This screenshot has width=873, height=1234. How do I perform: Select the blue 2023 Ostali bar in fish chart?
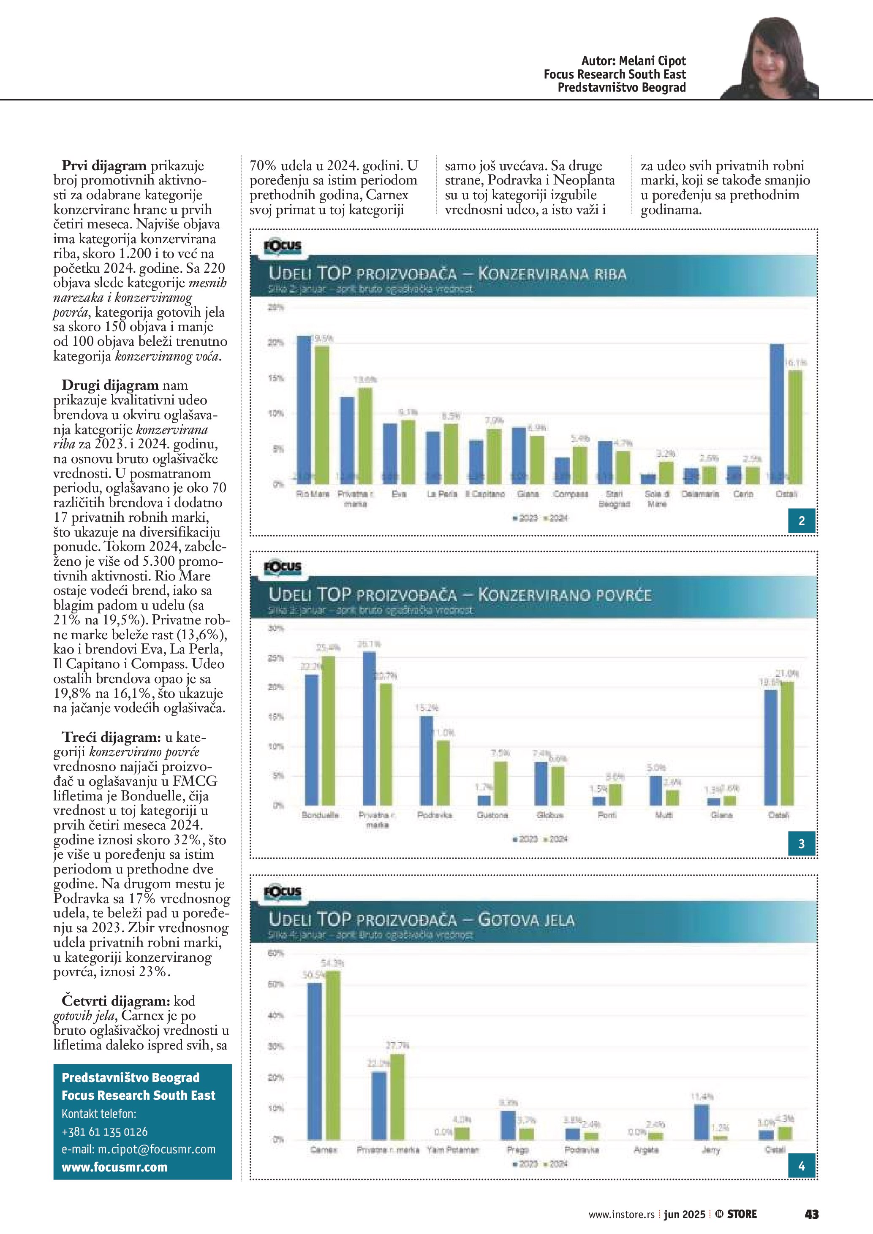click(x=777, y=414)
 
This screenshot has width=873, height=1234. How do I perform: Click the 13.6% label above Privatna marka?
click(x=364, y=380)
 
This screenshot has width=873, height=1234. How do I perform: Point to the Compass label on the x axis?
click(x=571, y=494)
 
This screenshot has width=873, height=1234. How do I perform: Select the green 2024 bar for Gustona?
click(x=500, y=783)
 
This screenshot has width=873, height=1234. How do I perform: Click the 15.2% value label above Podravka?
click(x=427, y=708)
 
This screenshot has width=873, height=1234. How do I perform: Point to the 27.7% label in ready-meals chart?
click(x=397, y=1045)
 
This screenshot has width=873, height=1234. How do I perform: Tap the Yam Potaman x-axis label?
click(x=453, y=1150)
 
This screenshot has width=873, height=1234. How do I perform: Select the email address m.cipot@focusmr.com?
click(x=138, y=1150)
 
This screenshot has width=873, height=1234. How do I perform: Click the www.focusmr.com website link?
click(x=114, y=1167)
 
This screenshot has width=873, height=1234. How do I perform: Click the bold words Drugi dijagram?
click(x=110, y=385)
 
